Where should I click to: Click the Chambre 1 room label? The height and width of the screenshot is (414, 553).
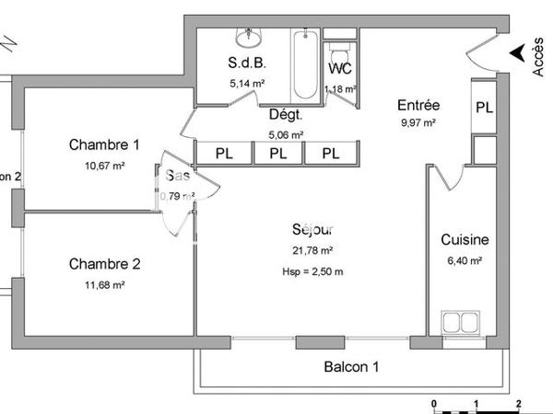coord(104,144)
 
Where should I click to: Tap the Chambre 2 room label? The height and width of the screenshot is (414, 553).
coord(104,264)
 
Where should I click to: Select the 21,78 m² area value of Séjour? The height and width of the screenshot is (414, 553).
coord(313,250)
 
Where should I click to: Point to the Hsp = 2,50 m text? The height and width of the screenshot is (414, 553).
coord(313,270)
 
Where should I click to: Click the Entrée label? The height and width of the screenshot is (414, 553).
coord(418,106)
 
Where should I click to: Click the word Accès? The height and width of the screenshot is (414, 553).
coord(539,56)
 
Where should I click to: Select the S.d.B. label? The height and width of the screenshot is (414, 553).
coord(247,63)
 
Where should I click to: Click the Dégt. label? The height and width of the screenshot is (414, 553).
coord(286,115)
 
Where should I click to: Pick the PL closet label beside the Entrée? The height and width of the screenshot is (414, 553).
coord(484,107)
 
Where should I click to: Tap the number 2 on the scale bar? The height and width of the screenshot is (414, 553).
coord(519,404)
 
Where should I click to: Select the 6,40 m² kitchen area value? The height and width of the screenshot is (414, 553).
coord(464,260)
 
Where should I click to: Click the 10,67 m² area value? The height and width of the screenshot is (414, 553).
coord(104,166)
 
